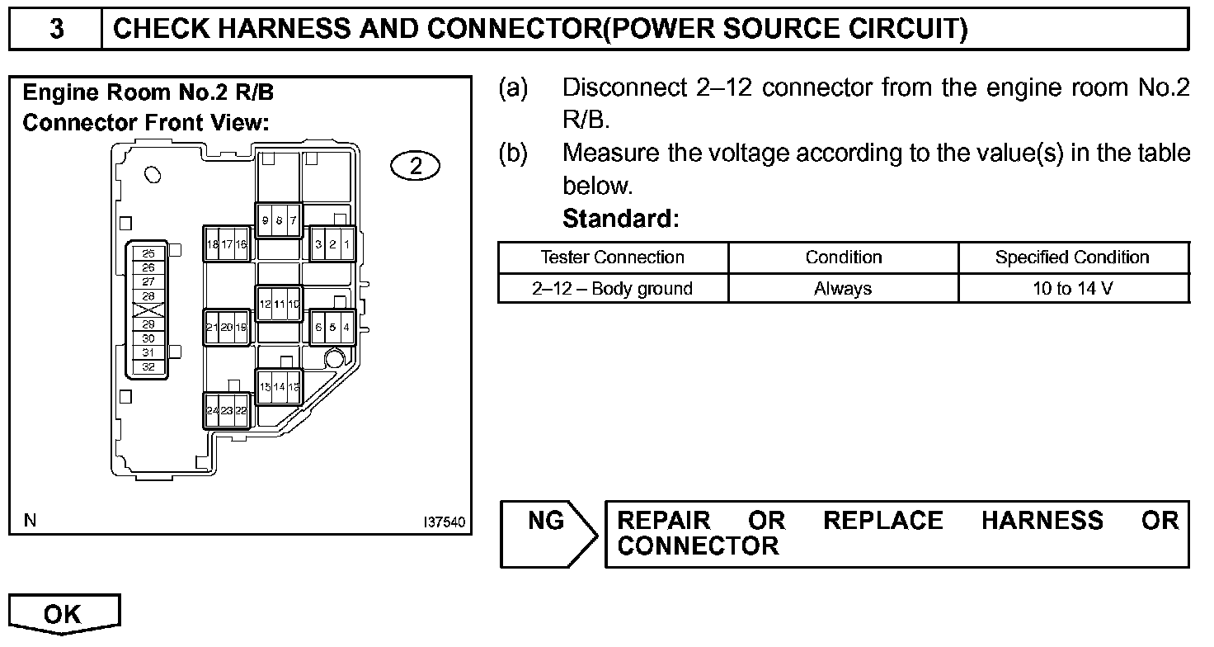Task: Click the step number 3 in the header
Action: point(55,29)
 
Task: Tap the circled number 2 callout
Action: point(416,166)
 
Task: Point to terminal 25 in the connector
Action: point(148,253)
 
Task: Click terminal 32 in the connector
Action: point(148,366)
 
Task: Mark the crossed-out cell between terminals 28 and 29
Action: point(148,310)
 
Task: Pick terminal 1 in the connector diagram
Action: point(346,244)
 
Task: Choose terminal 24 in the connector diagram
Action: point(212,410)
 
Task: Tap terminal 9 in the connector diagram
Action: point(265,220)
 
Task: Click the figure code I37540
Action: point(443,522)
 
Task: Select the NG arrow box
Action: point(548,533)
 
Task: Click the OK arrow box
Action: point(64,614)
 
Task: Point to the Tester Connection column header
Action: point(612,257)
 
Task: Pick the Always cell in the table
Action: point(843,289)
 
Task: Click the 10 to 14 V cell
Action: point(1072,289)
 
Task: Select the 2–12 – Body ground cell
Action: point(612,289)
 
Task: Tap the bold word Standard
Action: point(620,220)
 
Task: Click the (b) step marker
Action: point(513,153)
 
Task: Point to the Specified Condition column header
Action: point(1072,257)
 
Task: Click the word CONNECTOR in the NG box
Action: point(698,546)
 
